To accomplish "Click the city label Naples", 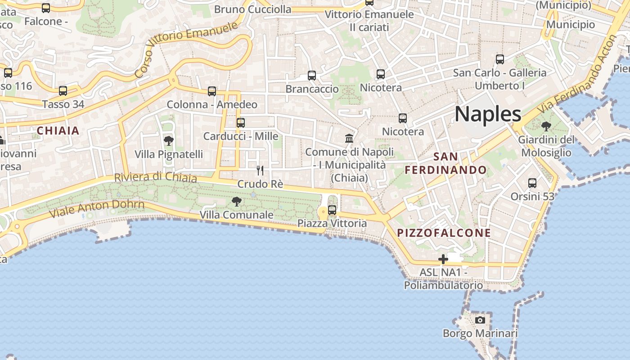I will [x=488, y=114].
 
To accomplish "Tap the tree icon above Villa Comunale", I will [x=236, y=201].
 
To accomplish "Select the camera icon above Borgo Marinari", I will [x=480, y=320].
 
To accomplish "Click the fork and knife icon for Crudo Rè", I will [x=260, y=170].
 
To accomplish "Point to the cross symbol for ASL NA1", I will [x=443, y=259].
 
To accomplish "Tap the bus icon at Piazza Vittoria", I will [x=332, y=210].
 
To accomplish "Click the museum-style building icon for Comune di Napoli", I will [x=349, y=138].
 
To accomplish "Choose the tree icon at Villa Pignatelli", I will [x=169, y=141].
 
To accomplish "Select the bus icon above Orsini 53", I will [x=532, y=183].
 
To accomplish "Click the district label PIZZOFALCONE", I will [x=444, y=233].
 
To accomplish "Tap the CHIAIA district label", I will [x=58, y=131].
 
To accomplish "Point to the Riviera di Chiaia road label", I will [x=155, y=177].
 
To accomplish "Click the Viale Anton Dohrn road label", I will [x=97, y=208].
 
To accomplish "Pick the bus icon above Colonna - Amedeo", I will [x=212, y=91].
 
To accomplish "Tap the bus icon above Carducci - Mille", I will [x=241, y=122].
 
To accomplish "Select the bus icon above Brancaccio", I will [x=312, y=75].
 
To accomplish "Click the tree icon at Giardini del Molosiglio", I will [x=546, y=126].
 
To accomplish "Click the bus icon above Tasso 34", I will [x=63, y=91].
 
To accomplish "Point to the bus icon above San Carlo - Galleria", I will [x=499, y=59].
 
